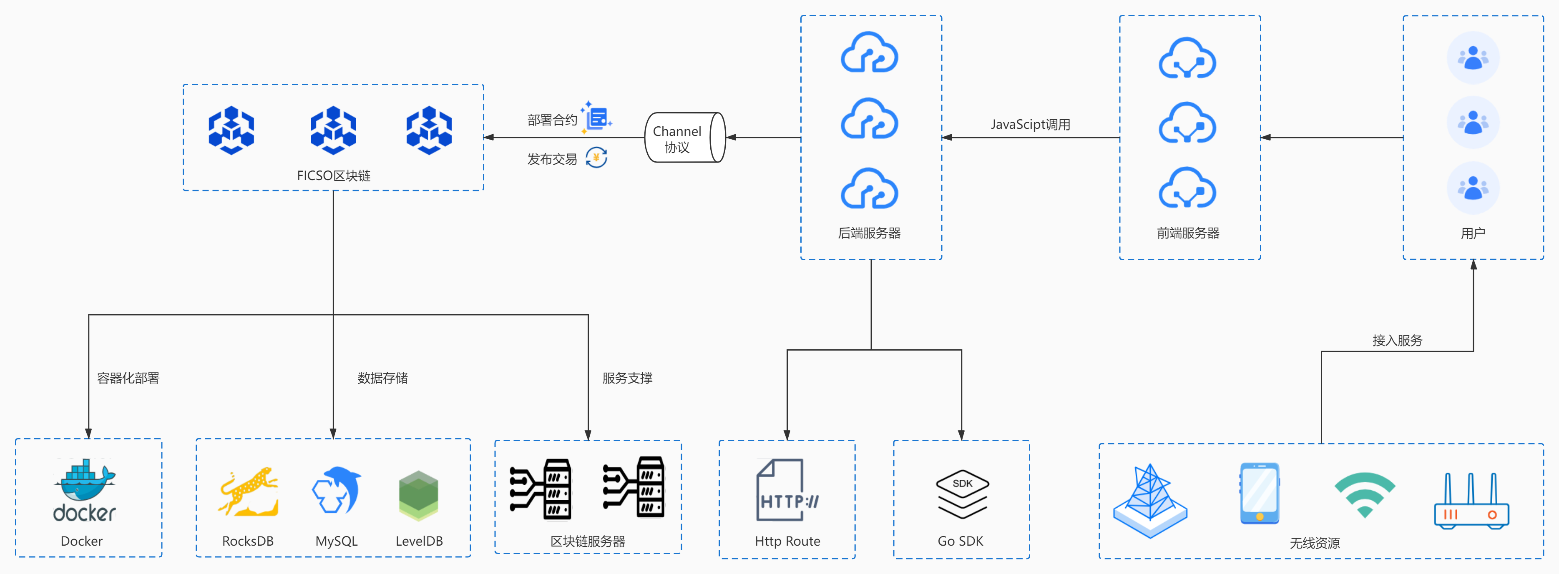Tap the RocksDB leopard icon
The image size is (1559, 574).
coord(248,492)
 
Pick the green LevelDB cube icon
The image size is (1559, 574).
coord(418,495)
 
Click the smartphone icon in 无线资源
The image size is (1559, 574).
coord(1260,493)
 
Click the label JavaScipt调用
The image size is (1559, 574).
coord(1030,125)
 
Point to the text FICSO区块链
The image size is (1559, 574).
coord(334,176)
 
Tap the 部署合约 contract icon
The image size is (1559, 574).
coord(597,118)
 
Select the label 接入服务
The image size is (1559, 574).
coord(1397,341)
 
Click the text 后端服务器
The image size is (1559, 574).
coord(869,233)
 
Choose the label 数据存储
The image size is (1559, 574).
coord(382,378)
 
